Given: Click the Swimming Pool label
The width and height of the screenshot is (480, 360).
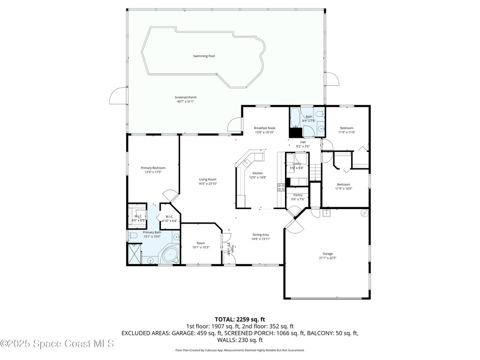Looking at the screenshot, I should click(204, 56).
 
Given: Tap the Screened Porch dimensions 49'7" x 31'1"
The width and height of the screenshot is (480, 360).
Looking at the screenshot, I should click(186, 102).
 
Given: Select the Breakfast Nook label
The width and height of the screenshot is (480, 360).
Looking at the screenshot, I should click(264, 128).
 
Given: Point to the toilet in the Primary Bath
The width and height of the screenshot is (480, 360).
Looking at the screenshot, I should click(132, 235).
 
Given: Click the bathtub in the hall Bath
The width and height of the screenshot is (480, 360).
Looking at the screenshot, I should click(295, 118).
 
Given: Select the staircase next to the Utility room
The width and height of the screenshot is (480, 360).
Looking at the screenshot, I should click(315, 172).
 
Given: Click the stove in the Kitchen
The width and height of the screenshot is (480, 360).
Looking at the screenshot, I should click(281, 188).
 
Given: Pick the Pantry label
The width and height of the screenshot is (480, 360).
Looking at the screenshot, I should click(298, 195).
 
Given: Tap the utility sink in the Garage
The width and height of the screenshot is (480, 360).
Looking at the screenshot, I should click(327, 214).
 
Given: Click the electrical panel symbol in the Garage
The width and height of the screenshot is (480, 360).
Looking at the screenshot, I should click(364, 213).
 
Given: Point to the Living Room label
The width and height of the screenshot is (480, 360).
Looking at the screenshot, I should click(208, 179).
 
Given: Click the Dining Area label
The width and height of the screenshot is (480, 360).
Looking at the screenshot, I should click(261, 235).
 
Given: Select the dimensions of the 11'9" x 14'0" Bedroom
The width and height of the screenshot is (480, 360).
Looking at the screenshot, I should click(344, 189).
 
